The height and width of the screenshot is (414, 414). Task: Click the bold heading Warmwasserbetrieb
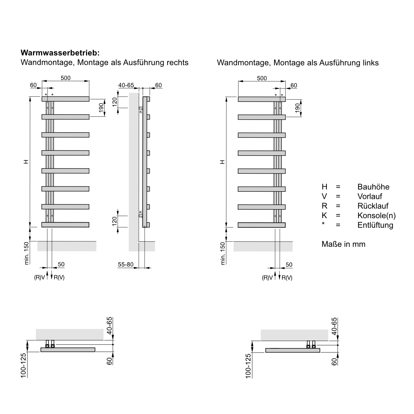[60, 52]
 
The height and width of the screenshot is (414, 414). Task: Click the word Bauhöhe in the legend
[373, 187]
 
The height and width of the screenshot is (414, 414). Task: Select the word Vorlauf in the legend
[370, 196]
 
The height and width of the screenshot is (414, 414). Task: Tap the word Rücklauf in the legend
[373, 206]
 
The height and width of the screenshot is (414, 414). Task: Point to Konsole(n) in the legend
[376, 216]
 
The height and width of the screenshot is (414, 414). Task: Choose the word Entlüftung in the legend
[375, 225]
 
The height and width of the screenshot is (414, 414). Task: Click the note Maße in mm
[343, 244]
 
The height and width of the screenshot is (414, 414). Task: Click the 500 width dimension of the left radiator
[66, 78]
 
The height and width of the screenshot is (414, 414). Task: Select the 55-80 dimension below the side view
[125, 265]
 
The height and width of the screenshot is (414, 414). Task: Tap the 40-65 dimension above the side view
[126, 85]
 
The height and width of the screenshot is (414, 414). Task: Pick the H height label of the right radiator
[222, 161]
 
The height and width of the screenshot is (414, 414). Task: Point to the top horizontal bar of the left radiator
[65, 99]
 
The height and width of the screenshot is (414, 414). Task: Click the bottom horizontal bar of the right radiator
[262, 225]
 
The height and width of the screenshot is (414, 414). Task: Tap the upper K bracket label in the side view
[141, 112]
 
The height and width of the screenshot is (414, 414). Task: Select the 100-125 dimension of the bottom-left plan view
[23, 365]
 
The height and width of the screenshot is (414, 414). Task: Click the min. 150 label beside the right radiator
[223, 253]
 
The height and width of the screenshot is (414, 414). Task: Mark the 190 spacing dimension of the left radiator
[101, 108]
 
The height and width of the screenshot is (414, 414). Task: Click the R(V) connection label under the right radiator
[287, 278]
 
